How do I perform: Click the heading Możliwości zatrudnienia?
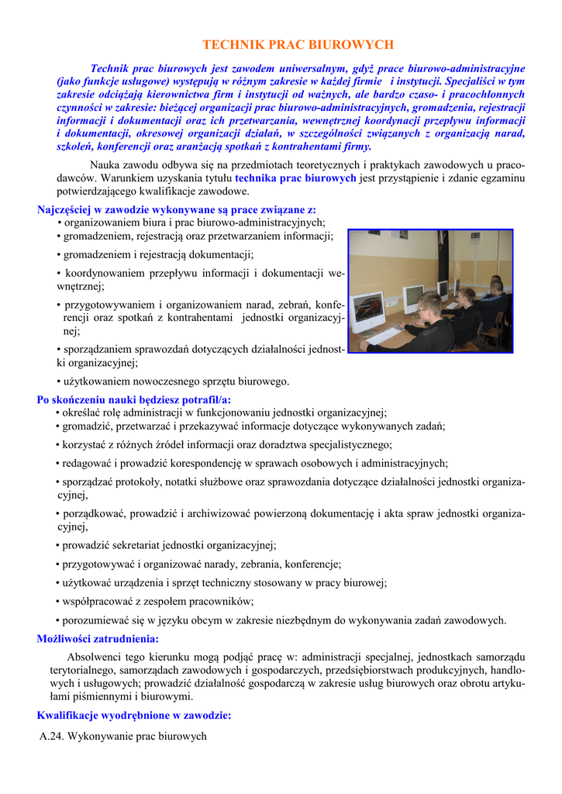[98, 639]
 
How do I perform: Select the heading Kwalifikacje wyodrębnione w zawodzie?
[134, 716]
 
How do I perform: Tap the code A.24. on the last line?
[52, 736]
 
